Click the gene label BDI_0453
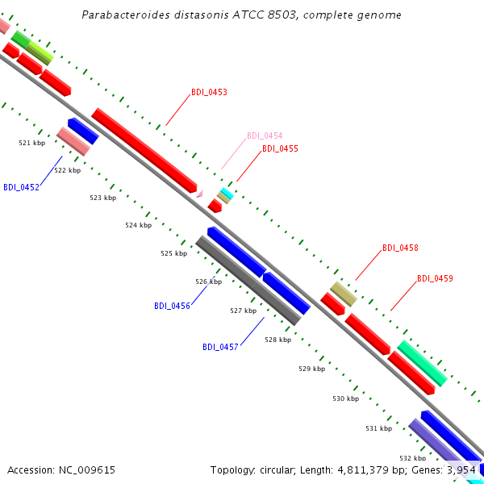pos(209,92)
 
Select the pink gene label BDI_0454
pos(265,136)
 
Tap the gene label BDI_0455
pos(280,148)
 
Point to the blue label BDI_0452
pos(21,187)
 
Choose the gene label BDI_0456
pos(173,306)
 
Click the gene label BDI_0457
pos(220,347)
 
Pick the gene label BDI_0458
pos(400,248)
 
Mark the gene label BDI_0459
pos(436,278)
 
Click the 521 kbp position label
pos(32,143)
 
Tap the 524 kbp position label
pos(139,225)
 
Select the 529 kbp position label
pos(312,369)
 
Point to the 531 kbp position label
pos(379,428)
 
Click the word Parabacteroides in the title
pos(126,15)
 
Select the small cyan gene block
pos(227,193)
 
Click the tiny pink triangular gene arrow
pos(200,194)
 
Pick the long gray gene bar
pos(248,281)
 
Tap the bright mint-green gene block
pos(422,363)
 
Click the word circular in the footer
pos(277,470)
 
